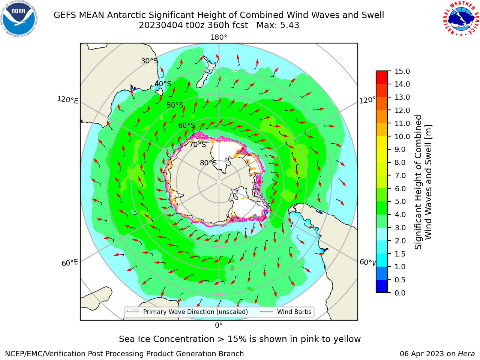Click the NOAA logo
(19, 19)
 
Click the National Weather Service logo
(461, 19)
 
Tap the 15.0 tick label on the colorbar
(402, 71)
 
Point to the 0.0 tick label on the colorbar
(400, 293)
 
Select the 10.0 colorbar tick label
(402, 136)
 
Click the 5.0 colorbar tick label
(400, 201)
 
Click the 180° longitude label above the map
(219, 37)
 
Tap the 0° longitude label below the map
(219, 325)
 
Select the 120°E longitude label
(67, 100)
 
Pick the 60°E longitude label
(70, 263)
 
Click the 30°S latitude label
(149, 61)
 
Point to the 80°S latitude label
(208, 163)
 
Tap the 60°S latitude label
(186, 125)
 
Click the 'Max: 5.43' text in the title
(278, 25)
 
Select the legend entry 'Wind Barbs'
(294, 312)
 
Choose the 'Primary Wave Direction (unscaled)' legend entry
(195, 312)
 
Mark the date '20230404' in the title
(161, 25)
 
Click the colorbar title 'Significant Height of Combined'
(418, 182)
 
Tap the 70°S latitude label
(198, 145)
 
